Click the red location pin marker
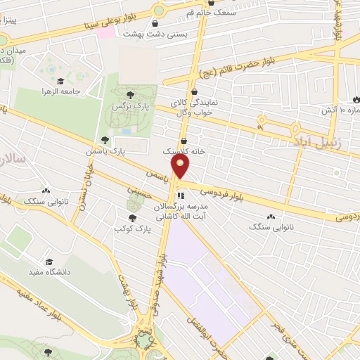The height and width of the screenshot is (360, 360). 181,167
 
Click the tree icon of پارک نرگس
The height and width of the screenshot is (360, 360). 129,94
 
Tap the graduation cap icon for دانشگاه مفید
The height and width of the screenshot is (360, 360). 49,261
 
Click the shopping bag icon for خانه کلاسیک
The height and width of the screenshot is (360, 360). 184,139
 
